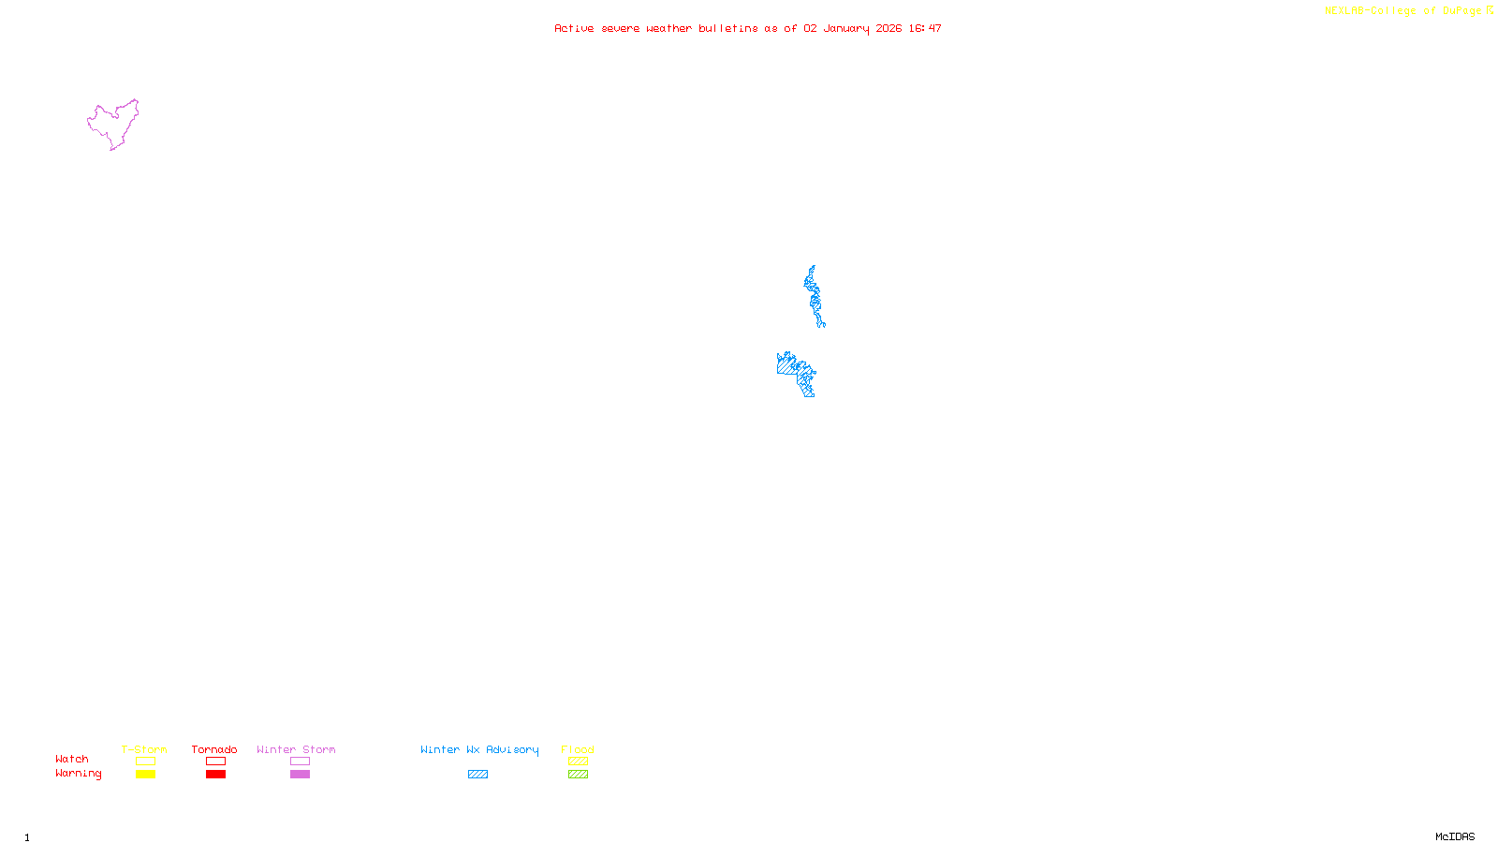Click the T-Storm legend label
(x=144, y=749)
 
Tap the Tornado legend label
(x=214, y=749)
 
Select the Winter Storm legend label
(x=296, y=749)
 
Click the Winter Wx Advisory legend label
(x=479, y=749)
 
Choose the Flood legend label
(x=578, y=749)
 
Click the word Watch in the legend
(x=72, y=760)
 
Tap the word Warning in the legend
(x=79, y=774)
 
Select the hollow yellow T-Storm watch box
(x=145, y=762)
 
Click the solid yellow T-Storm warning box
(x=145, y=775)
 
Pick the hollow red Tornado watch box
(x=215, y=762)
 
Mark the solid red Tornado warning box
(x=215, y=775)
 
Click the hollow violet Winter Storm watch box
(x=300, y=762)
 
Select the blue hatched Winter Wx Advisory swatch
(x=477, y=775)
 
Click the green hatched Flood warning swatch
(x=578, y=775)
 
